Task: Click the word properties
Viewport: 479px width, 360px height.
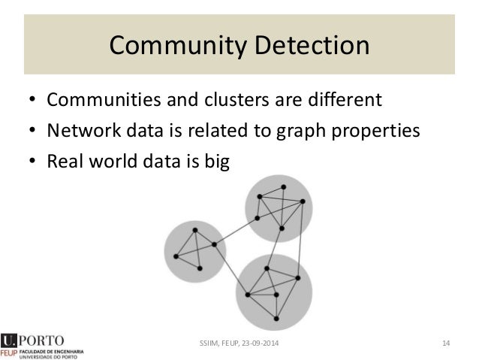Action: (379, 132)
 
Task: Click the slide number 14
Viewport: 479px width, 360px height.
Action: (445, 343)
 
